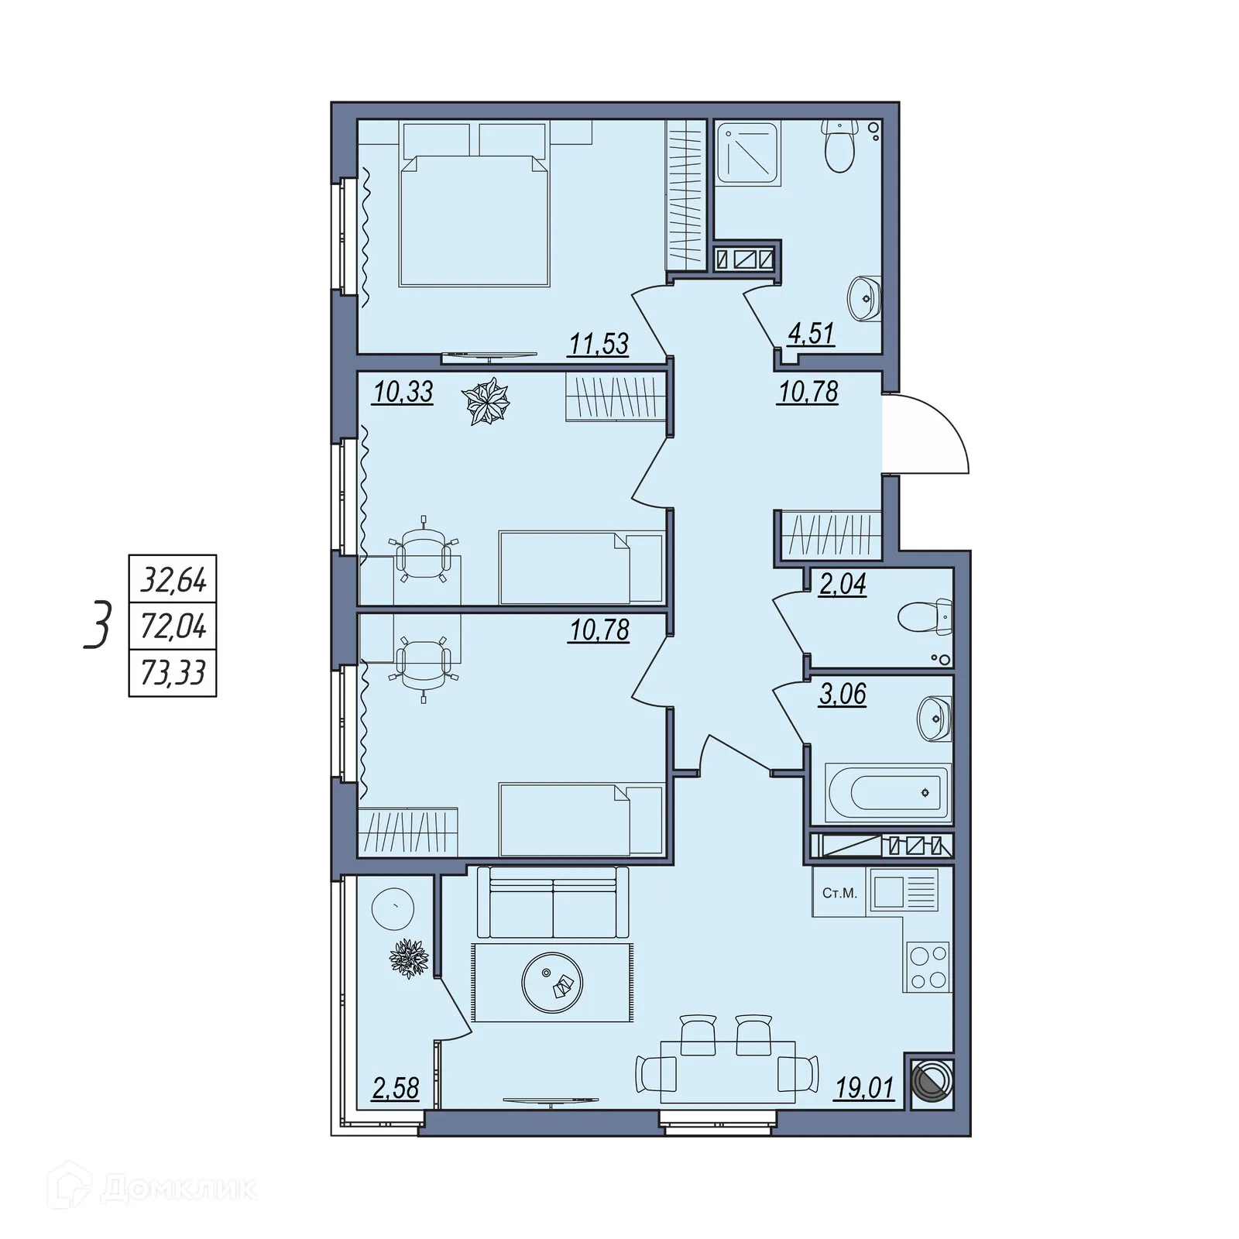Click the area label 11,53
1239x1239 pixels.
599,343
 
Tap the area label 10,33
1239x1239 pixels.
403,392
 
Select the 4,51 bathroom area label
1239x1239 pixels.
811,334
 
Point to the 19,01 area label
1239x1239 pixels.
864,1088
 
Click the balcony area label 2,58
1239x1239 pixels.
395,1088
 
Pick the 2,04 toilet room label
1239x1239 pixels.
843,584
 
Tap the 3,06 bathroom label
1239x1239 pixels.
843,694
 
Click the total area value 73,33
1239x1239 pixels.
173,673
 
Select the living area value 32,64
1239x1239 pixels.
173,579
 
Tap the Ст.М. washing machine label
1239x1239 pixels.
839,893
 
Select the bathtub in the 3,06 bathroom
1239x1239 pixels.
888,793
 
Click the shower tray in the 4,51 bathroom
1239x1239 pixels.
747,153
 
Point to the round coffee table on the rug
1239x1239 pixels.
552,981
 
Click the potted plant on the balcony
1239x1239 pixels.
408,959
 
